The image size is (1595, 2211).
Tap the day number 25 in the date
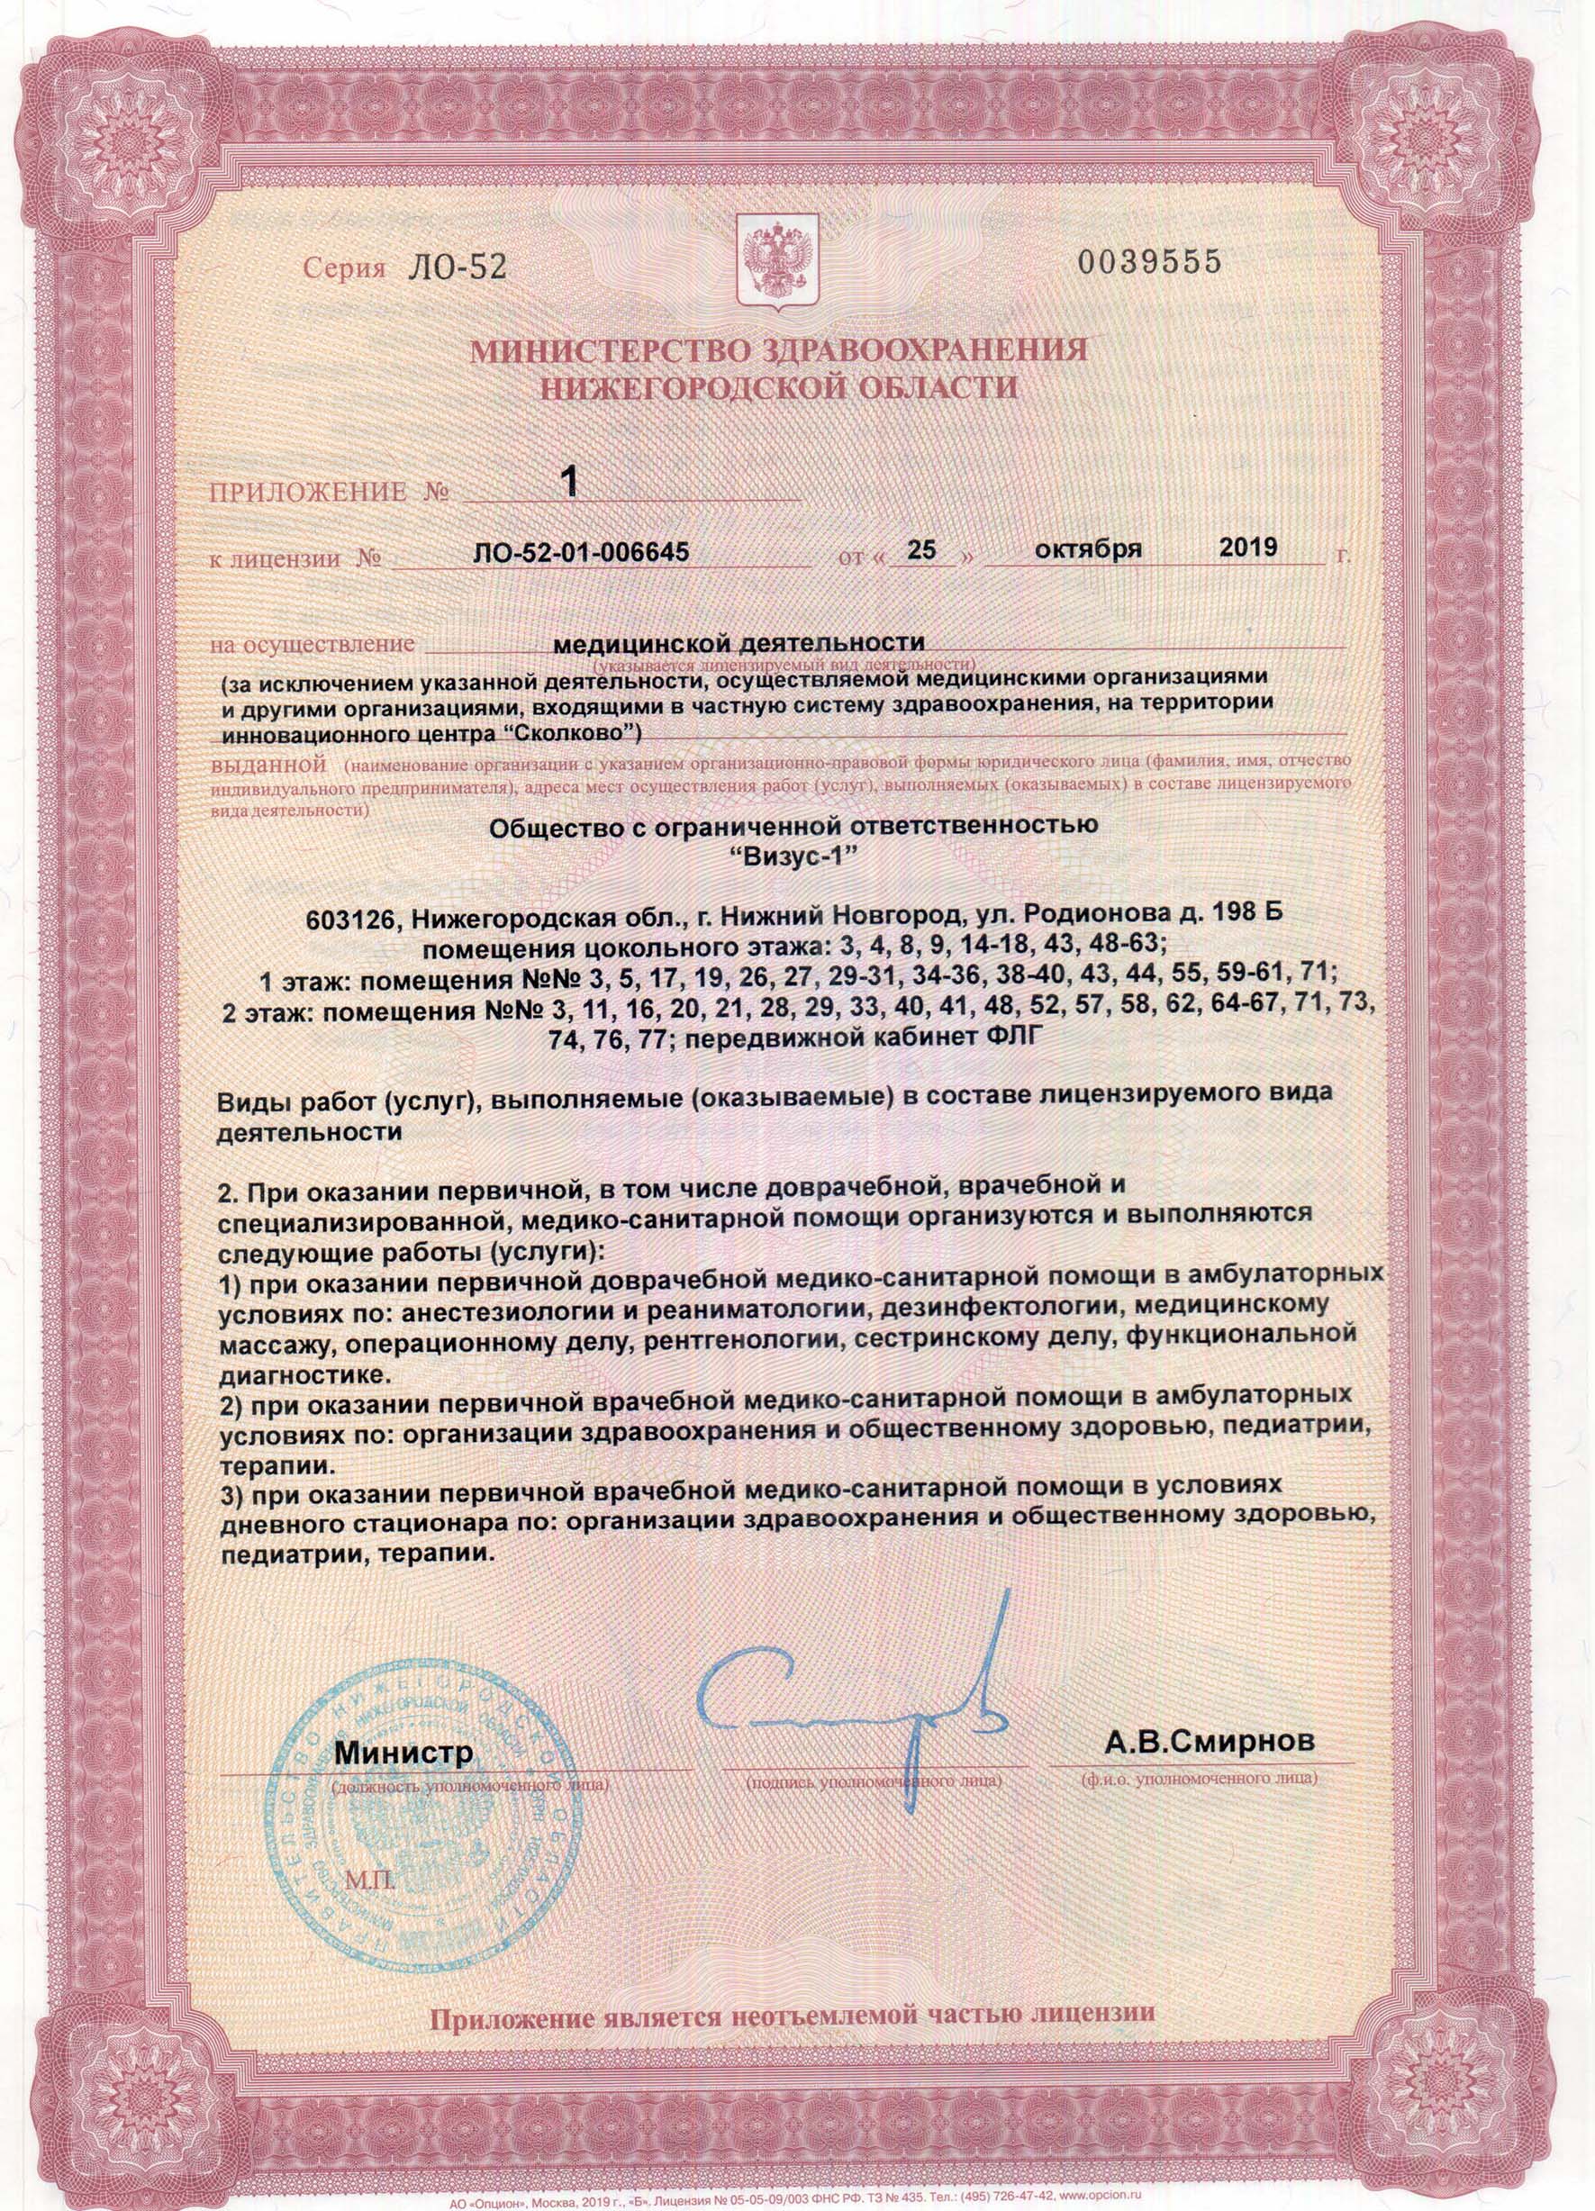(920, 551)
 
